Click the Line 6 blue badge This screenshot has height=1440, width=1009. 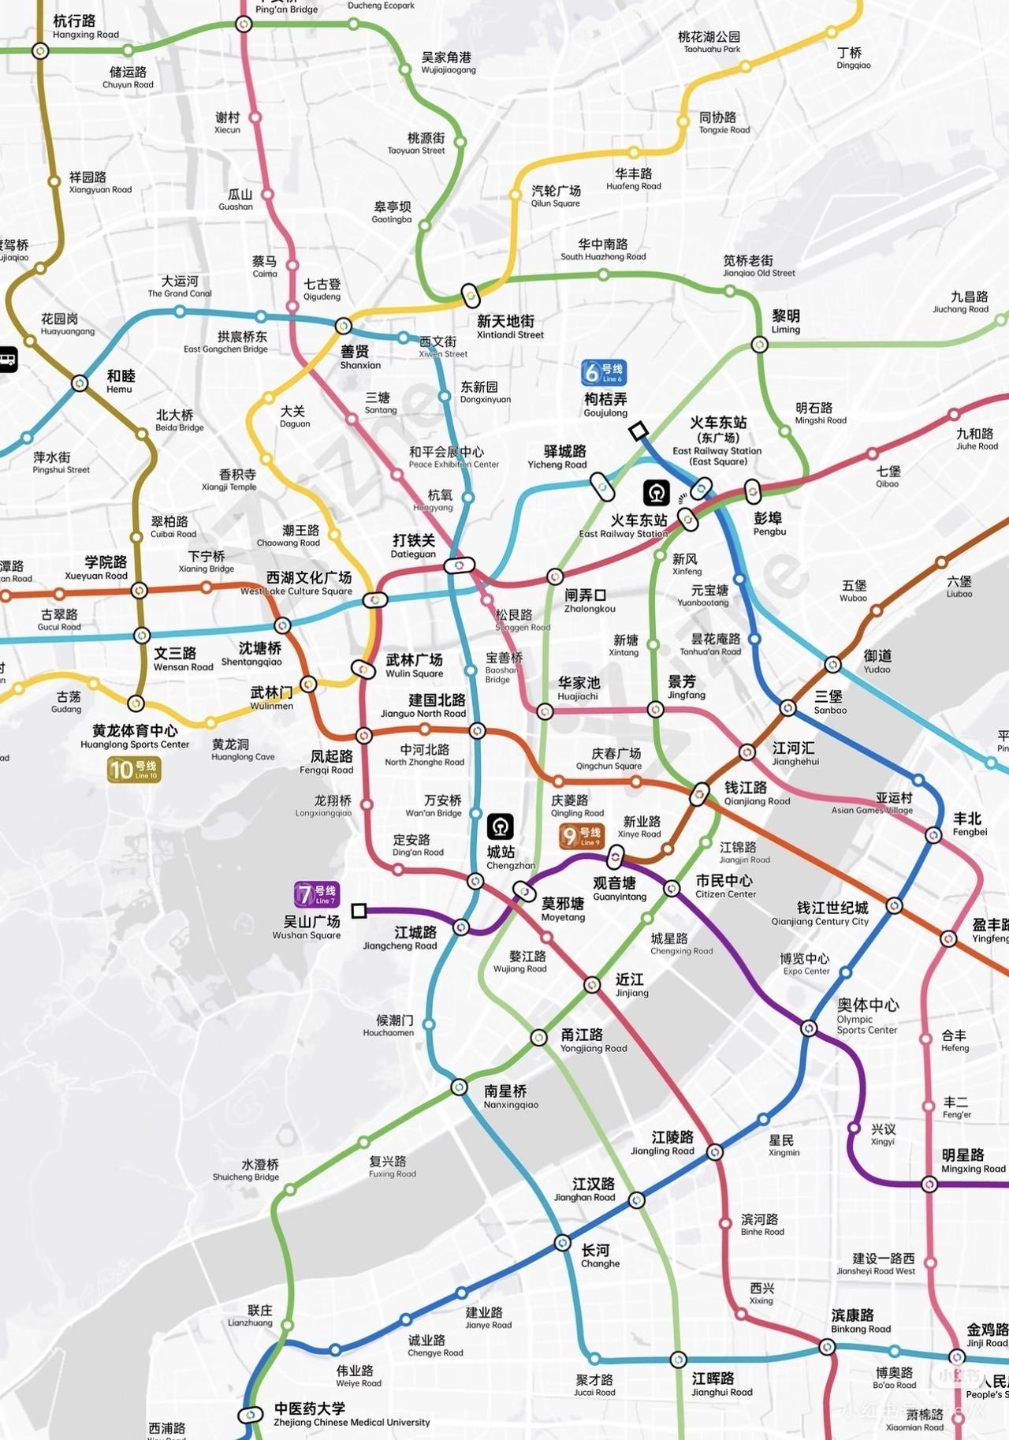(604, 372)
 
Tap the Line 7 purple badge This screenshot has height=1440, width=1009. (316, 893)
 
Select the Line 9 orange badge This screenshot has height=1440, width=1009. (581, 836)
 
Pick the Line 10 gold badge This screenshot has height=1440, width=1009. (133, 769)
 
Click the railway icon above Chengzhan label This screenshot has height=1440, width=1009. (501, 826)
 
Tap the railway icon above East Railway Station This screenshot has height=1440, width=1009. (656, 493)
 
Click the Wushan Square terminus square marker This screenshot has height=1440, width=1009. (359, 911)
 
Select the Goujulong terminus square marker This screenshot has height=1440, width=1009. (638, 431)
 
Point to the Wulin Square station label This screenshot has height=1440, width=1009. (414, 666)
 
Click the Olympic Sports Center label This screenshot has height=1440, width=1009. (867, 1015)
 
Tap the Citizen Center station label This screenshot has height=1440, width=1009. (724, 886)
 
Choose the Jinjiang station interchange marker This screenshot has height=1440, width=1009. (592, 984)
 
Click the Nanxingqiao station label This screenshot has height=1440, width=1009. (510, 1096)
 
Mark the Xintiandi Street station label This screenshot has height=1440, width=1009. (509, 326)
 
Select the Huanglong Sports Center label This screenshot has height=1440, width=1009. (135, 737)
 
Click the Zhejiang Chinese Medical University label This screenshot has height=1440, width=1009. (351, 1415)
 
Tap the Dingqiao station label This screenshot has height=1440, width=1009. (853, 58)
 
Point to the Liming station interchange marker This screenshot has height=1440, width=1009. (759, 345)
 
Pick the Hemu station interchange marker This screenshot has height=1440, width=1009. (80, 383)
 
